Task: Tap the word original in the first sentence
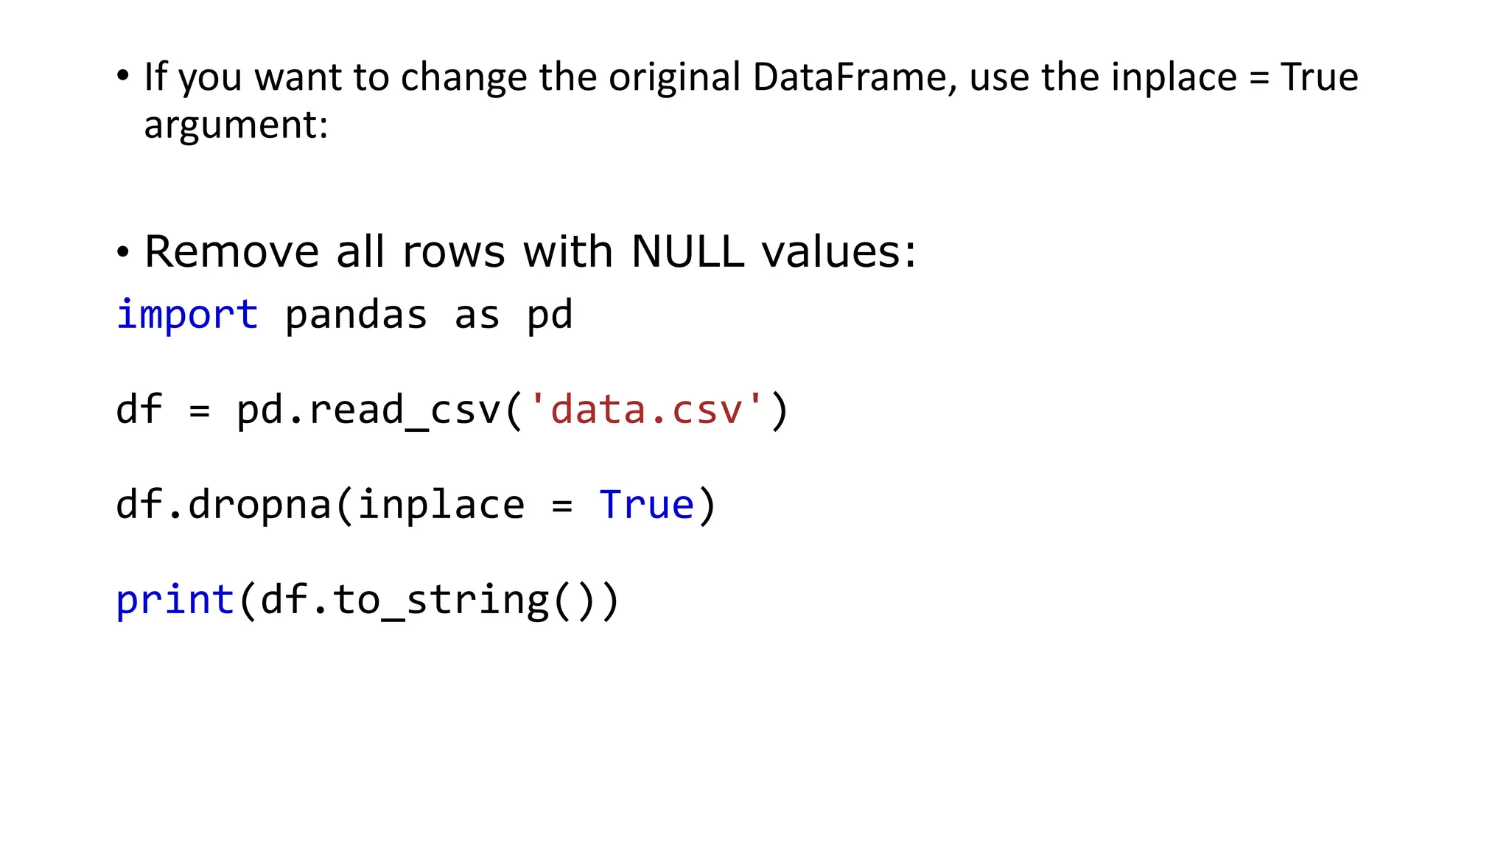674,77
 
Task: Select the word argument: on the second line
236,125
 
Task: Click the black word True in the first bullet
1319,77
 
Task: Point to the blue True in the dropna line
647,506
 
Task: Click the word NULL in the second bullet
687,252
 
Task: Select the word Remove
231,252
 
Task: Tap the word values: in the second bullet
838,252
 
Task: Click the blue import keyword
187,315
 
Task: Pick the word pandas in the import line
356,315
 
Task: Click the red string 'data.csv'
646,410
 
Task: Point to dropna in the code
259,506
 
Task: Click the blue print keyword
175,600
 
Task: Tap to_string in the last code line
441,600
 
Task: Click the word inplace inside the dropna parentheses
441,506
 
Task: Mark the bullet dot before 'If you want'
123,77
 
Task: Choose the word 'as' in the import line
477,315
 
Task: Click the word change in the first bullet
463,77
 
